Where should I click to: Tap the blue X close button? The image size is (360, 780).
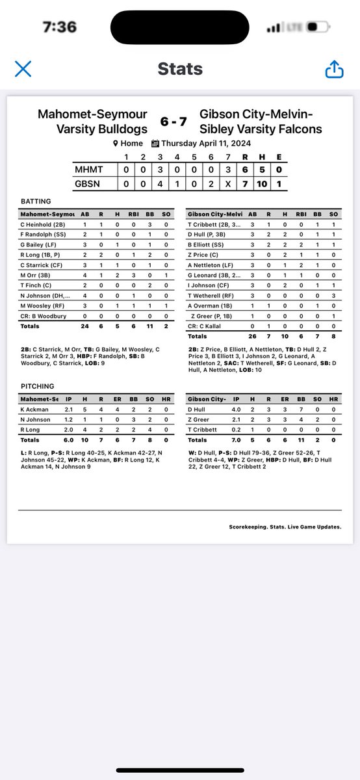pos(23,69)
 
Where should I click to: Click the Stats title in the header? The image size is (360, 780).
pos(180,69)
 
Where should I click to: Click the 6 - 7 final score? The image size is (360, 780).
pos(174,122)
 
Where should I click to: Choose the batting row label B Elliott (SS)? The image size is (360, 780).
pos(209,245)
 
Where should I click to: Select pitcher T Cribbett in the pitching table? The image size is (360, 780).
pos(203,429)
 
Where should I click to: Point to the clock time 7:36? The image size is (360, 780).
pos(59,27)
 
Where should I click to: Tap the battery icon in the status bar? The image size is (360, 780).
pos(315,27)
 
